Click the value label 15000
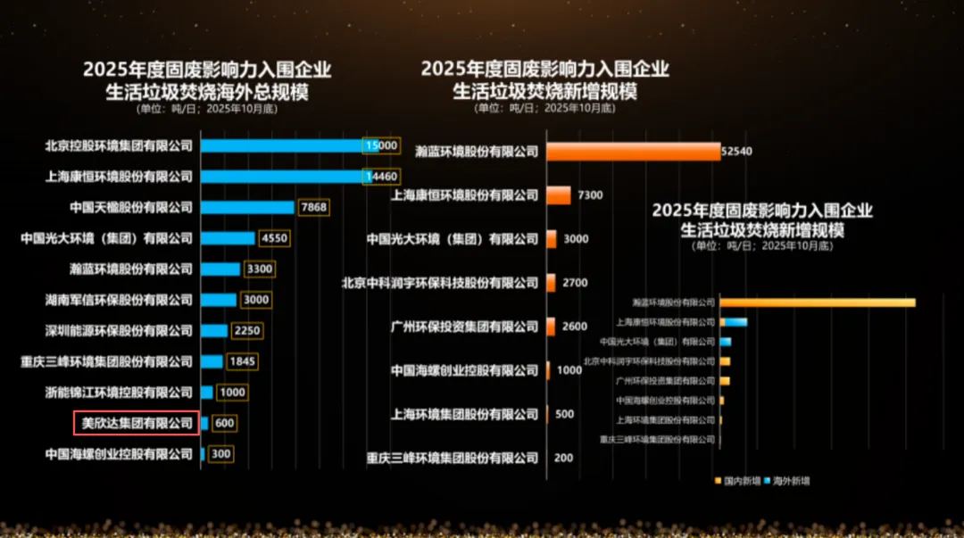click(x=381, y=145)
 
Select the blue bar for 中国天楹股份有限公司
click(x=247, y=207)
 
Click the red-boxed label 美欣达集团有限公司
click(x=137, y=423)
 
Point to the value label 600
click(x=225, y=423)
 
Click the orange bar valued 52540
click(x=633, y=152)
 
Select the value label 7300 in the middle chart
click(x=591, y=195)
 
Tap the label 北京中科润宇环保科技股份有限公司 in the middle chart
click(x=440, y=283)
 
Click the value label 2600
click(x=575, y=327)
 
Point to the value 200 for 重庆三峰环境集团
click(x=563, y=458)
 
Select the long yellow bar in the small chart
click(x=818, y=302)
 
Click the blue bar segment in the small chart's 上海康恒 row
click(x=736, y=322)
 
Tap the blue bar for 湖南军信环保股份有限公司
click(x=219, y=300)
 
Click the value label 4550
click(x=274, y=238)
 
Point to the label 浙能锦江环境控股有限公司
click(x=120, y=393)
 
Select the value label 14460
click(x=381, y=177)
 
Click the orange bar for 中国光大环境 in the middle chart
click(x=552, y=239)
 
